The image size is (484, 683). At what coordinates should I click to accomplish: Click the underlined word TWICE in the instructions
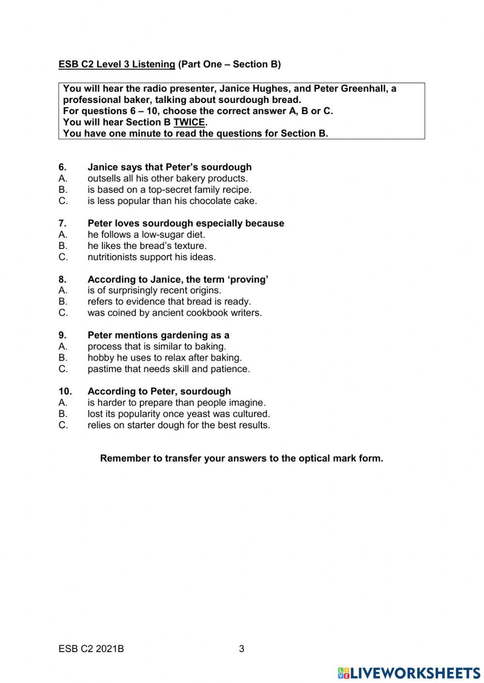tap(189, 122)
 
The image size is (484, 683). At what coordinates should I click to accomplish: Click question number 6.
tap(62, 167)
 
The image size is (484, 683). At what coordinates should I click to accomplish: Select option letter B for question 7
tap(63, 246)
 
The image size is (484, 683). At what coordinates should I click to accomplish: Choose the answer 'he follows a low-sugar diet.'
tap(146, 235)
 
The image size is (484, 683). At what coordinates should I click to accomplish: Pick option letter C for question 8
tap(63, 313)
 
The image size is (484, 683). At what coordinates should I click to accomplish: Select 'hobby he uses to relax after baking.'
tap(165, 358)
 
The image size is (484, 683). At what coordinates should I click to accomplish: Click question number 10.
tap(65, 392)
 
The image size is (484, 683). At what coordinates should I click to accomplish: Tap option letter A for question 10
tap(63, 403)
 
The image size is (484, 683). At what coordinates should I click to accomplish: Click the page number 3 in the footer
tap(242, 649)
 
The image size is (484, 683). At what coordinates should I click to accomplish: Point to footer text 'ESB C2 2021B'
tap(91, 649)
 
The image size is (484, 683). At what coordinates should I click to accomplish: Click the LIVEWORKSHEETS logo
tap(409, 673)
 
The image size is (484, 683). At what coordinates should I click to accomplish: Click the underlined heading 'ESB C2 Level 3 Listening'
tap(117, 64)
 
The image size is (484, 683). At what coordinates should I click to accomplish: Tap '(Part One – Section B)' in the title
tap(229, 64)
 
